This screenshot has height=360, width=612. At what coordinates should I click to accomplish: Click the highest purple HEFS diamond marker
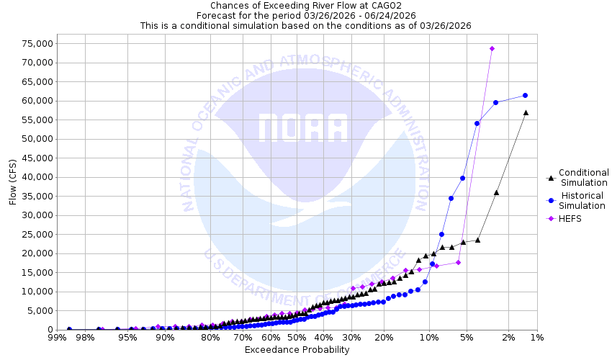[x=492, y=49]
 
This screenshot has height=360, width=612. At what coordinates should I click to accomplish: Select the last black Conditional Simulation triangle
[x=526, y=112]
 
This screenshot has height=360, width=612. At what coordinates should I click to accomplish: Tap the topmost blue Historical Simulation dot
[x=525, y=95]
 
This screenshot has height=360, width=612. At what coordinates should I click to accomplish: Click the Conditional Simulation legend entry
[x=583, y=177]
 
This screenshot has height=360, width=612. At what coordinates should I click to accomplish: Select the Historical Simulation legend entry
[x=583, y=200]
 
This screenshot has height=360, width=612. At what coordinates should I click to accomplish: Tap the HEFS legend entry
[x=571, y=219]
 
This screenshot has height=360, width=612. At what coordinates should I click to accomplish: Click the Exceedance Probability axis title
[x=297, y=350]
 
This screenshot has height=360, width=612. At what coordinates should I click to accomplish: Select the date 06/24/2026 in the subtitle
[x=388, y=15]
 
